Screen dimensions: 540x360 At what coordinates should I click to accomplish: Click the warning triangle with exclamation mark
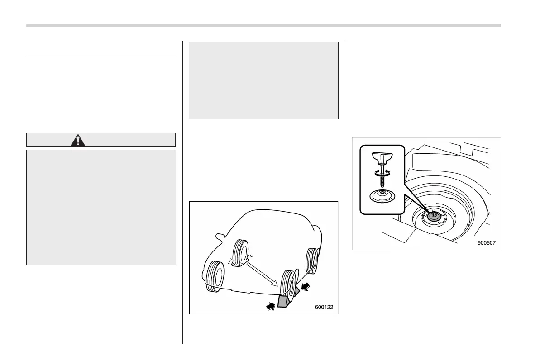78,140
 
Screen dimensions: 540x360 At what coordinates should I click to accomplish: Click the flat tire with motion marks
240,253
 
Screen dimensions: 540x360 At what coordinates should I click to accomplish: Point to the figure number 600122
324,308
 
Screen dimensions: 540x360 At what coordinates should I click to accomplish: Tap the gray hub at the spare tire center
434,216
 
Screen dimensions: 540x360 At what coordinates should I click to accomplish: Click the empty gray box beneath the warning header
101,207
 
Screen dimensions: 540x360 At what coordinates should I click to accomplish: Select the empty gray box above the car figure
263,81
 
